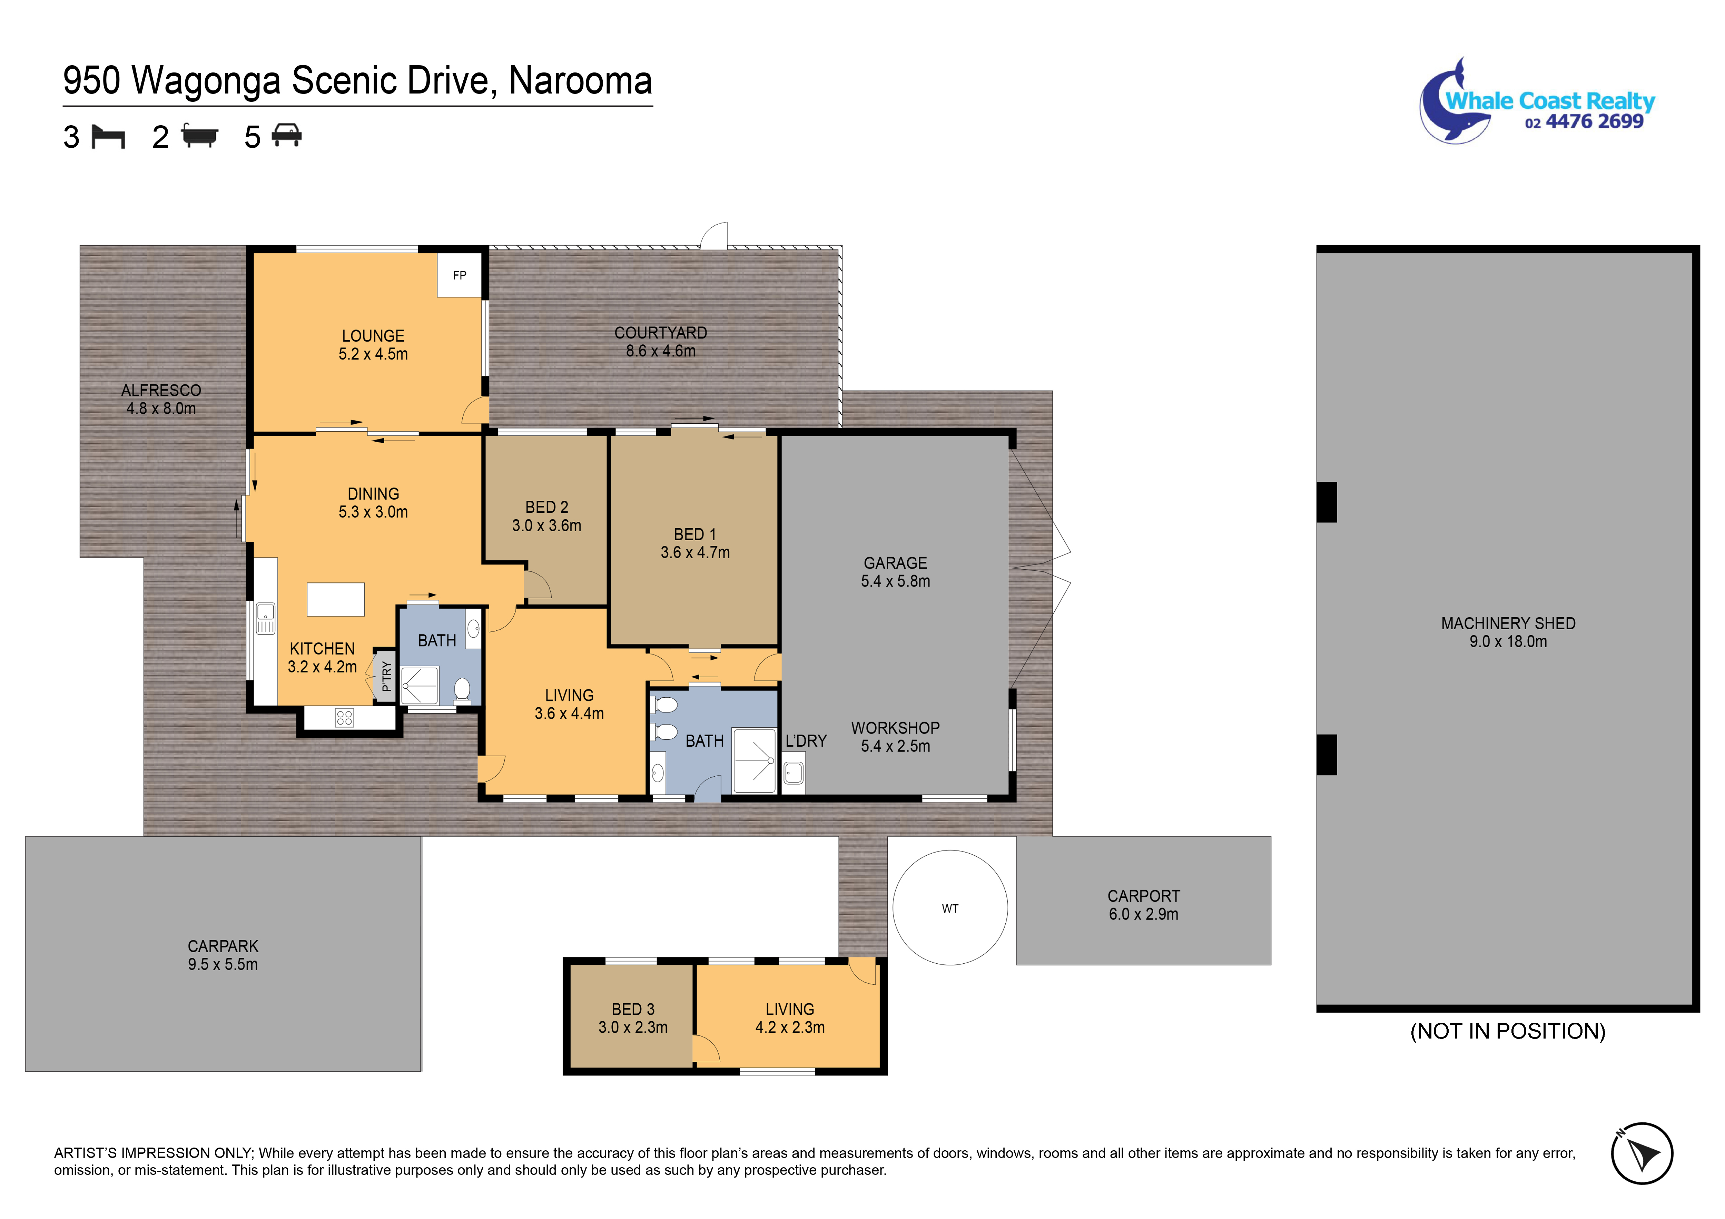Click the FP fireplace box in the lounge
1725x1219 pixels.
(x=460, y=275)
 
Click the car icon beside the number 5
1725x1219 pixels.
(x=287, y=135)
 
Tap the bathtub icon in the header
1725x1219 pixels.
(x=199, y=136)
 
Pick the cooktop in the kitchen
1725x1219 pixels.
(x=344, y=718)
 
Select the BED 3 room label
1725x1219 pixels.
(x=633, y=1009)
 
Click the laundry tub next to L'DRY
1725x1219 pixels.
(x=793, y=773)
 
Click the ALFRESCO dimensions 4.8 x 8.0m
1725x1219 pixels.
(x=161, y=409)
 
